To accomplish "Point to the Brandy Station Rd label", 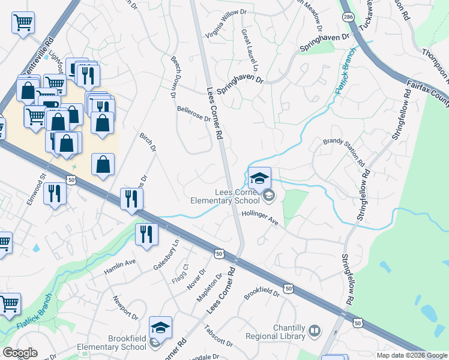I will (x=344, y=152).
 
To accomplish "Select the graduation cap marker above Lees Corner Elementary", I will (x=260, y=178).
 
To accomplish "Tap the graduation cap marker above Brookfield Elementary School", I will (x=160, y=328).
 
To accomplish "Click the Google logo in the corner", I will (x=20, y=353).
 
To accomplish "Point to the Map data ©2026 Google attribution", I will (x=411, y=355).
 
